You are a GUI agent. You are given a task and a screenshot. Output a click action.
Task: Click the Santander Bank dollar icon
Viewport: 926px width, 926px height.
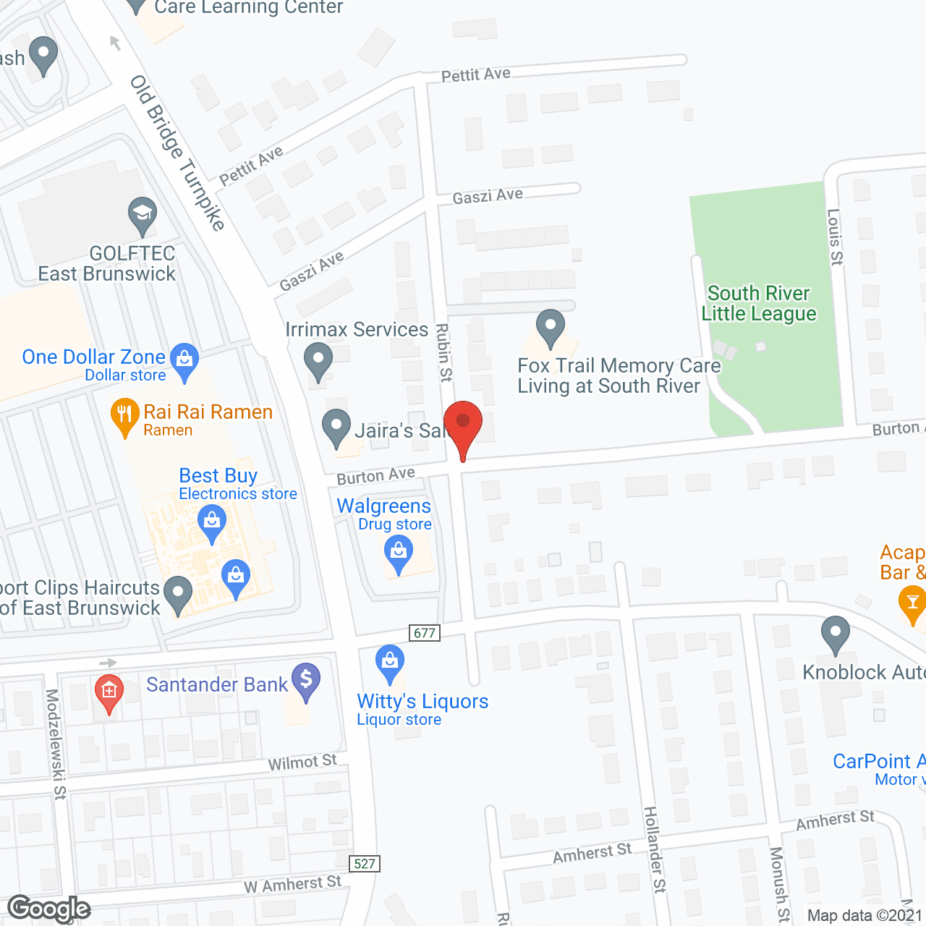(x=306, y=680)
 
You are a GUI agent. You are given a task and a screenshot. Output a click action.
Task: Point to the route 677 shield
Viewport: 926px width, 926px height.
(x=425, y=633)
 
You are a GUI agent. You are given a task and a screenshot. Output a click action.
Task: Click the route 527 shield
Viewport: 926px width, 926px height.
(x=365, y=863)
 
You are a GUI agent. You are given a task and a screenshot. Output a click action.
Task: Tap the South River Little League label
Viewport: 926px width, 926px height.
(x=758, y=304)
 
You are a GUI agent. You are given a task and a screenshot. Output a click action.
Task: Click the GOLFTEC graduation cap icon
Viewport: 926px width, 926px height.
(x=143, y=214)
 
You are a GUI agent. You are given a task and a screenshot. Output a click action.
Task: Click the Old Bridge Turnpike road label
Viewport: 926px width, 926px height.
(x=178, y=152)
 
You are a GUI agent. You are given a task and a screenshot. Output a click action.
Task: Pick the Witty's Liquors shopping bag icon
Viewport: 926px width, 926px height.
(x=390, y=662)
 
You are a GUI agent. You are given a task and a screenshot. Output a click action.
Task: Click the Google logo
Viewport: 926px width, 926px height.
(x=49, y=909)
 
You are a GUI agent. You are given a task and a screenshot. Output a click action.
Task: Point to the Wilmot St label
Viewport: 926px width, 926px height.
(x=302, y=763)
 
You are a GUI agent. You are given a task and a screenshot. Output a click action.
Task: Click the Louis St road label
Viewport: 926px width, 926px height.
(x=835, y=237)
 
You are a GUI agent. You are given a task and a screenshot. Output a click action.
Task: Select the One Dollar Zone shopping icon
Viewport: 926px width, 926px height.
(x=184, y=360)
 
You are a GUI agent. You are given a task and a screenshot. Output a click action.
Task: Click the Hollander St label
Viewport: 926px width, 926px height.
(x=655, y=849)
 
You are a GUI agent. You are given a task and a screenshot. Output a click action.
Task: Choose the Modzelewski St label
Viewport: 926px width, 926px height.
(x=56, y=744)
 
